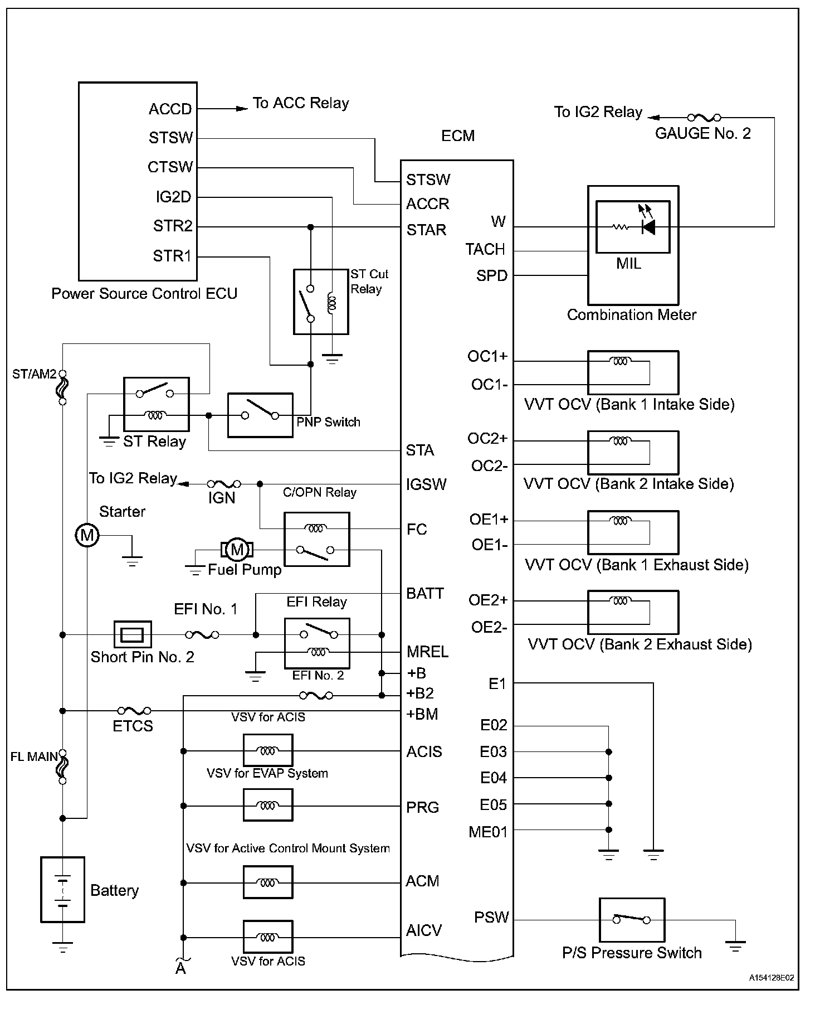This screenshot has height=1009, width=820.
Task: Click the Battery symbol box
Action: pyautogui.click(x=63, y=889)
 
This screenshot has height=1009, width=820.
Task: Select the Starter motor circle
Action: pyautogui.click(x=87, y=536)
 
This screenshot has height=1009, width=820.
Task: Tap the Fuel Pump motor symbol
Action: pyautogui.click(x=238, y=550)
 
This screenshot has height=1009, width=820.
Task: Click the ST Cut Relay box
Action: pyautogui.click(x=321, y=302)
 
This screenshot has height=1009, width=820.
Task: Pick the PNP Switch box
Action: pyautogui.click(x=260, y=415)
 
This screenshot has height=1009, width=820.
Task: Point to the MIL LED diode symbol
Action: pyautogui.click(x=648, y=227)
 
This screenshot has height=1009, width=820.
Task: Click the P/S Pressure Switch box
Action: pyautogui.click(x=632, y=919)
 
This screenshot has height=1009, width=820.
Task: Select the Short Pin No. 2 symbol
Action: pyautogui.click(x=133, y=634)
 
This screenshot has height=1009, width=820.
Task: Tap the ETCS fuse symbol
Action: pyautogui.click(x=134, y=711)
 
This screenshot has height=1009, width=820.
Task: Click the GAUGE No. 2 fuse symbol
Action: pyautogui.click(x=704, y=118)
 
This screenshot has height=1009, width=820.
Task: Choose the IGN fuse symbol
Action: pyautogui.click(x=224, y=484)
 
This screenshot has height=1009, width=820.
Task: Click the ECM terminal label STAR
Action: pyautogui.click(x=426, y=230)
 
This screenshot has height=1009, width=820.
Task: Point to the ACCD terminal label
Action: pyautogui.click(x=170, y=109)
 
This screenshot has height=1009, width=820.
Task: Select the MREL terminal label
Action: pyautogui.click(x=427, y=652)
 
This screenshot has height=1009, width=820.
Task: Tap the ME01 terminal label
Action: pyautogui.click(x=488, y=832)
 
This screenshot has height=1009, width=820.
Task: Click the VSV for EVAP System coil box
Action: pyautogui.click(x=268, y=805)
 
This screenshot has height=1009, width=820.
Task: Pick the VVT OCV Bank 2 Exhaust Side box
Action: pyautogui.click(x=633, y=612)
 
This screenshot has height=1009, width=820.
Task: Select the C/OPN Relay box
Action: pyautogui.click(x=317, y=539)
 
